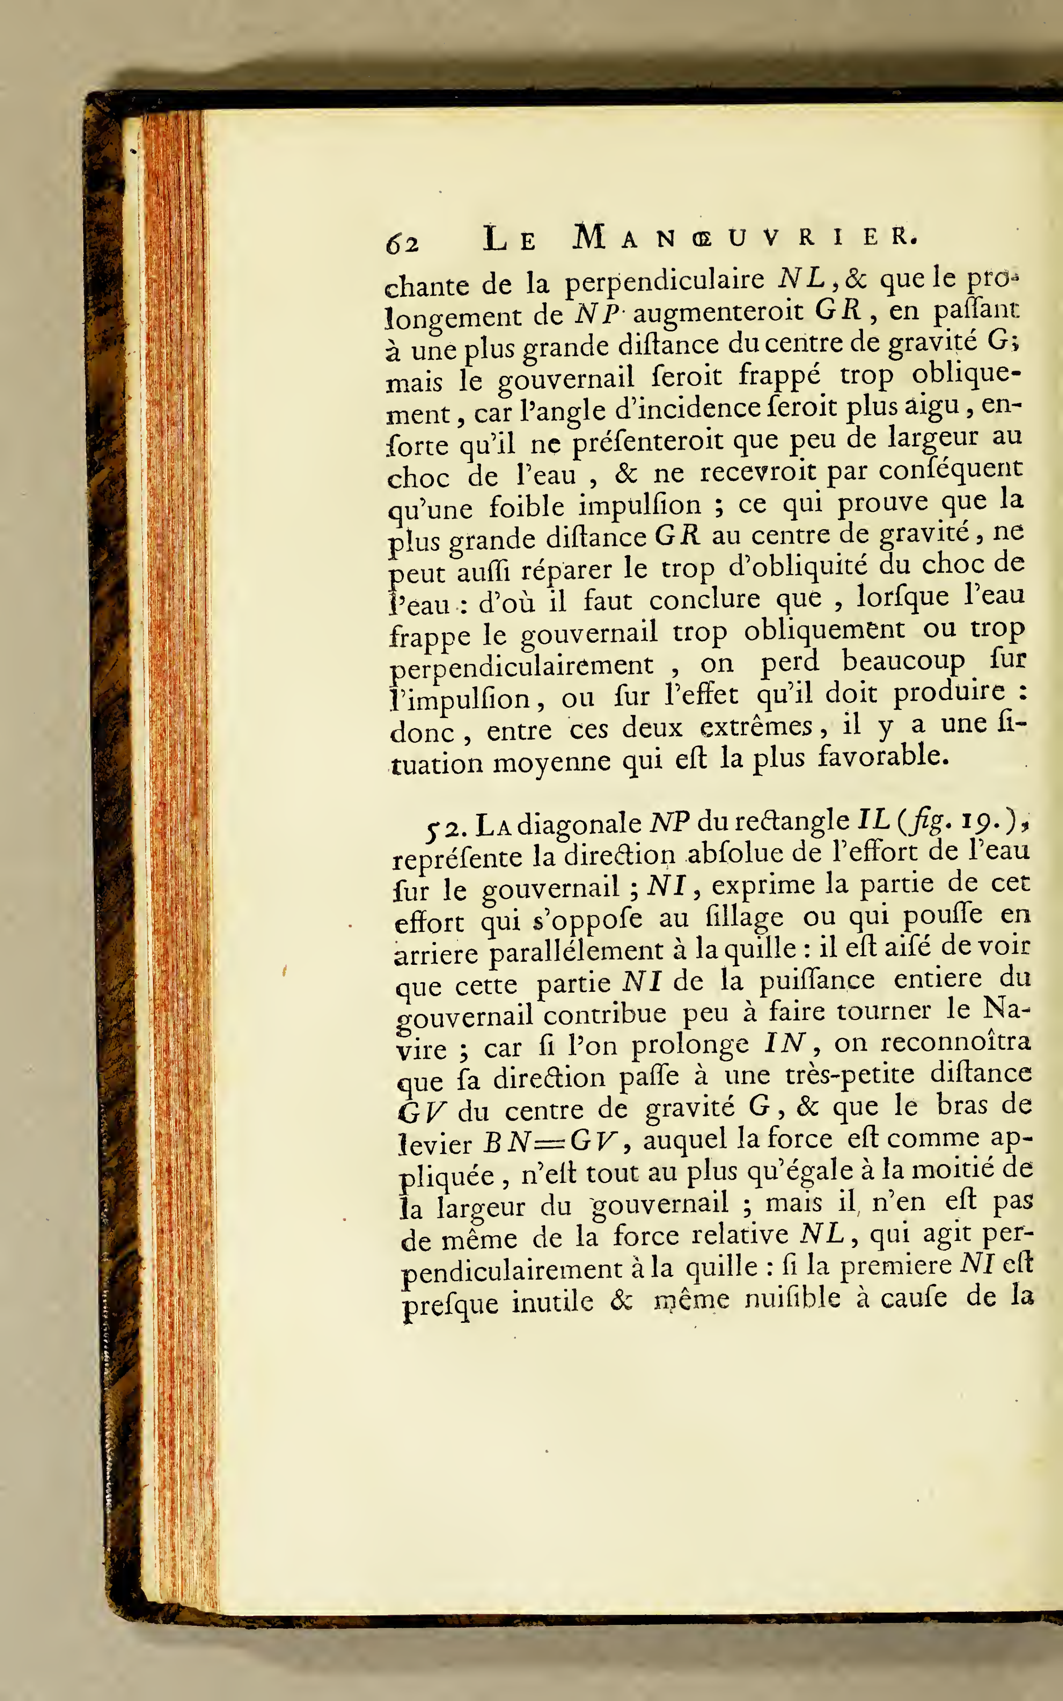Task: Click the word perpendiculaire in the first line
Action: tap(665, 281)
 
